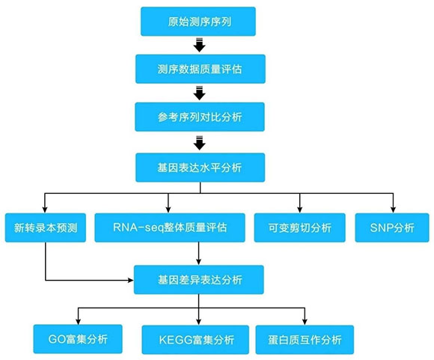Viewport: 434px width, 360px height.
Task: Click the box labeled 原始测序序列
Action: [x=198, y=22]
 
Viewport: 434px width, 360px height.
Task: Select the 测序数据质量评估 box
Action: [x=201, y=69]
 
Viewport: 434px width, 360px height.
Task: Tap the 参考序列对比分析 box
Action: [x=200, y=117]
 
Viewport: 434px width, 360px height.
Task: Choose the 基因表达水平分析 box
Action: [x=200, y=168]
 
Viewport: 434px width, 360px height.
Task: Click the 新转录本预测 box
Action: [x=46, y=228]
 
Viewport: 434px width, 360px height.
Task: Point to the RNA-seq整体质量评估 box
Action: [x=170, y=228]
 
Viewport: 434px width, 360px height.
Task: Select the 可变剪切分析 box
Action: [x=300, y=228]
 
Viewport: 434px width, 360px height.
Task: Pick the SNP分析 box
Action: [x=392, y=228]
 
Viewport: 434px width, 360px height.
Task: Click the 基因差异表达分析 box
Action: [x=199, y=280]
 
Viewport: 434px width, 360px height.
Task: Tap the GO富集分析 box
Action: [x=78, y=339]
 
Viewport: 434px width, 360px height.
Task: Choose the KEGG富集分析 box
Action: [x=195, y=340]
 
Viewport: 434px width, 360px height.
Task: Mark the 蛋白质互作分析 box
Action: [x=305, y=340]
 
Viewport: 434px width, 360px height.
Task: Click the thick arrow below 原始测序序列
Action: [x=199, y=45]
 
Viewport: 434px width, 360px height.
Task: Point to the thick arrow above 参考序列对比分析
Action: [x=199, y=93]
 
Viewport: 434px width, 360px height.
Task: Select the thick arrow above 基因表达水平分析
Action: [x=199, y=143]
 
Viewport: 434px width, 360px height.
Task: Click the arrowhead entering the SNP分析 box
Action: [x=393, y=210]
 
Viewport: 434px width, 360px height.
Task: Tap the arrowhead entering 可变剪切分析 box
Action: [x=300, y=210]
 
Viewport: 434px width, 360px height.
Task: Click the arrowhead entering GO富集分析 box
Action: [x=78, y=321]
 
